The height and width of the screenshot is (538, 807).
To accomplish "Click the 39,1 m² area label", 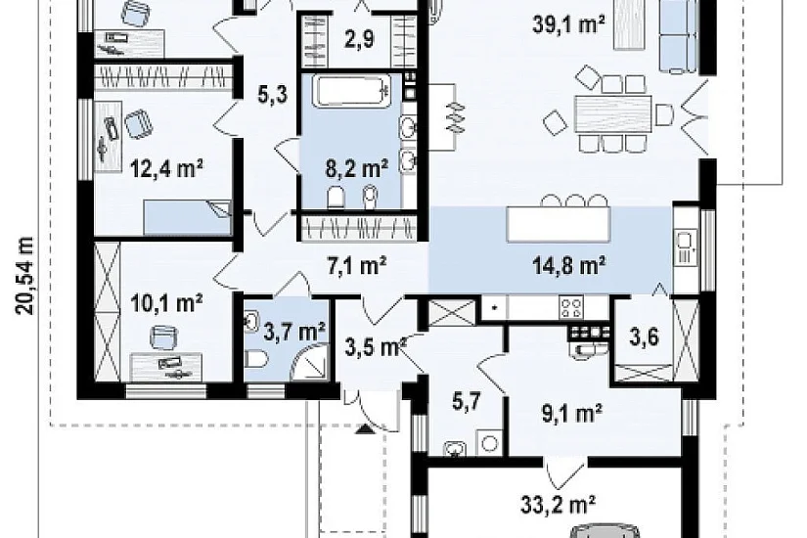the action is click(x=568, y=23).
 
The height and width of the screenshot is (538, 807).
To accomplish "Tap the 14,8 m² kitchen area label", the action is click(x=568, y=266).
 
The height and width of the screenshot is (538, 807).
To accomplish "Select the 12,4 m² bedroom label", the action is click(x=166, y=168).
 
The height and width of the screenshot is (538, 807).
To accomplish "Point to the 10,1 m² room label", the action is click(x=166, y=303).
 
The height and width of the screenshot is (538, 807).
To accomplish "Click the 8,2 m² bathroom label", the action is click(x=357, y=167).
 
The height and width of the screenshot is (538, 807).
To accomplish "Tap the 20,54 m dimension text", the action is click(x=24, y=276).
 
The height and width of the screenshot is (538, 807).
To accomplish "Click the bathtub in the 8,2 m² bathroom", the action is click(x=352, y=91).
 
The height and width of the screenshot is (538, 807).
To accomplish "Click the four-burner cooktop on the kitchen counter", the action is click(x=571, y=308).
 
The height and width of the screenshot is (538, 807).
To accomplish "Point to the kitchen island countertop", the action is click(x=559, y=224).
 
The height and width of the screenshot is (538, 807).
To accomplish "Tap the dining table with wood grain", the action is click(x=612, y=115).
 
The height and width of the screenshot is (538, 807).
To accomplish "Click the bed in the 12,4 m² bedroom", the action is click(x=187, y=217).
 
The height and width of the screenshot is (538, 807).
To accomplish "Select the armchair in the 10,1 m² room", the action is click(x=163, y=337).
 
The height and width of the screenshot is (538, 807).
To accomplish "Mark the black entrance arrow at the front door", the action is click(x=365, y=428).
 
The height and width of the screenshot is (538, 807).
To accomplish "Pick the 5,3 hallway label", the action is click(x=272, y=95).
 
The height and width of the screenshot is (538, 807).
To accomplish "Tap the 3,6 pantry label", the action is click(x=644, y=337).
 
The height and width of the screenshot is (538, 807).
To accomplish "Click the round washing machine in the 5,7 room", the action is click(x=489, y=443).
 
